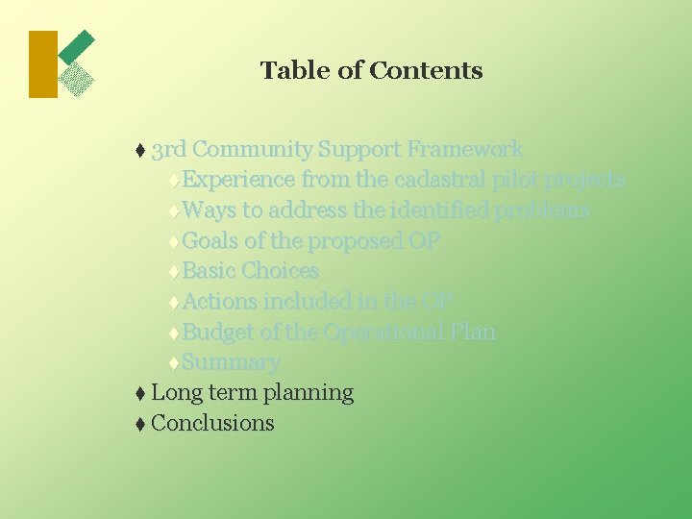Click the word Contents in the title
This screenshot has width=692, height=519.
tap(425, 70)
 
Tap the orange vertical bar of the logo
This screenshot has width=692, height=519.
tap(43, 64)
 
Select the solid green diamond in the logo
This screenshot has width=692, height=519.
tap(77, 47)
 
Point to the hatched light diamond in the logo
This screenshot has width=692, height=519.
tap(76, 80)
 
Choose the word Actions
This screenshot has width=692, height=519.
tap(220, 302)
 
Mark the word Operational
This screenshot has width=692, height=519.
tap(383, 333)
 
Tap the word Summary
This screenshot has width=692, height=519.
tap(231, 362)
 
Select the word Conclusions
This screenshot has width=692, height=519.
tap(212, 423)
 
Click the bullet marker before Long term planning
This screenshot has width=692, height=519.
tap(140, 393)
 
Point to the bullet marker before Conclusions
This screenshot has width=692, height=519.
tap(140, 424)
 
